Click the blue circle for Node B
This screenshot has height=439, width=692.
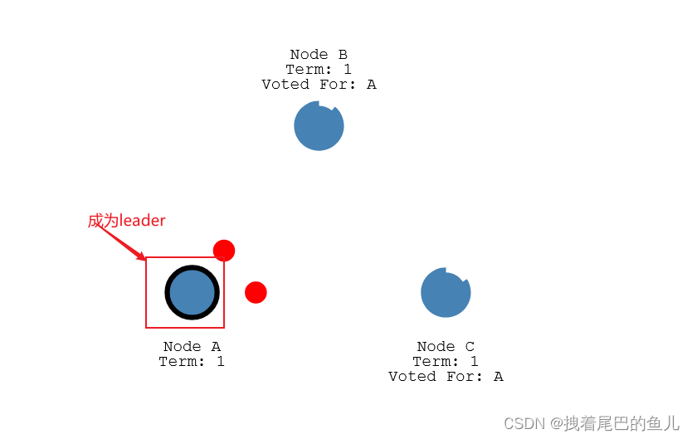pos(319,126)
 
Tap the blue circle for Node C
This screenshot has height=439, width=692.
pos(446,293)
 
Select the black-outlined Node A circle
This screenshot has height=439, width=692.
pos(192,292)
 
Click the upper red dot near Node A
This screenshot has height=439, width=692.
pos(224,250)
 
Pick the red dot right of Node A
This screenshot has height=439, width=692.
pos(256,292)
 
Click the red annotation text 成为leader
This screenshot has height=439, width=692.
pos(127,221)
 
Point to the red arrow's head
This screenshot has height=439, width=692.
pos(143,257)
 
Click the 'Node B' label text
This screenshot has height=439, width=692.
pos(319,55)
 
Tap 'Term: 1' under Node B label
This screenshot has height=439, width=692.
pos(319,70)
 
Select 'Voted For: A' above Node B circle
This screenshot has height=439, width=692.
pos(319,84)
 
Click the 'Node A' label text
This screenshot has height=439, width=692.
pos(192,346)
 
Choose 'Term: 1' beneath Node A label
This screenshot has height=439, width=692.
pos(192,361)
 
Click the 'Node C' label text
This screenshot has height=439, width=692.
pos(446,346)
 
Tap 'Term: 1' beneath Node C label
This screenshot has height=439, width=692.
pos(446,361)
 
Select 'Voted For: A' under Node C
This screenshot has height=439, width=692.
pos(446,376)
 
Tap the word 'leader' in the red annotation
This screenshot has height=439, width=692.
pos(143,221)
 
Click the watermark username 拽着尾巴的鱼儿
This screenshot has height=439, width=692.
pos(621,423)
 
